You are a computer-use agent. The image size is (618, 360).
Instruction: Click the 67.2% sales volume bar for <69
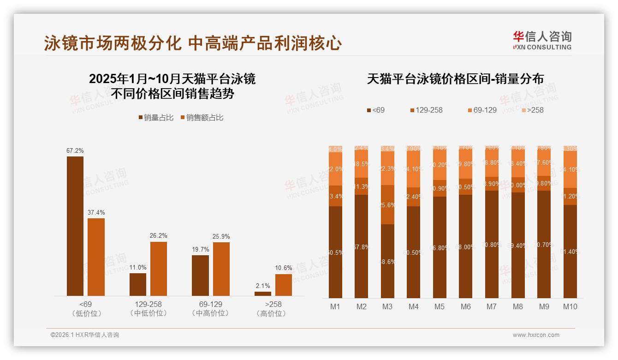click(75, 226)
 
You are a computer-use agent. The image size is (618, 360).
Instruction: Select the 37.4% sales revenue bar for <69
click(96, 257)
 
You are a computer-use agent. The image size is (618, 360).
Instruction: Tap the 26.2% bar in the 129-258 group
click(159, 269)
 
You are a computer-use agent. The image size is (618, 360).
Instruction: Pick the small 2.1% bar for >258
click(263, 294)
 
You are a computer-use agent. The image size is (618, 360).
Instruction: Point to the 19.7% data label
click(201, 250)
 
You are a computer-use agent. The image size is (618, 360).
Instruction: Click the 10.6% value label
click(284, 268)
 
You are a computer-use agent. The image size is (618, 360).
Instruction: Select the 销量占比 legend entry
click(156, 118)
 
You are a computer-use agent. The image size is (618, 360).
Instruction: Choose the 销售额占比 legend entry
click(202, 118)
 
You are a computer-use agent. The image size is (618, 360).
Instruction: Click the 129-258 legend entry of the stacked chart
click(426, 110)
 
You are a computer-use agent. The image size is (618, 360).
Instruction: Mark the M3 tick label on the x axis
click(387, 306)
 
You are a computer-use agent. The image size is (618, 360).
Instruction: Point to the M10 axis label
click(570, 306)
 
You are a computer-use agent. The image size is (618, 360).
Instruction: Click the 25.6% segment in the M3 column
click(387, 205)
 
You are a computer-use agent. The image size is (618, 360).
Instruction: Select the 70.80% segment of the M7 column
click(492, 245)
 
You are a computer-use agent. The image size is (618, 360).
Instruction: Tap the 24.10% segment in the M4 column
click(414, 169)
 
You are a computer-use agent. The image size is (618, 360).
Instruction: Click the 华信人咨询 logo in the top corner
click(542, 40)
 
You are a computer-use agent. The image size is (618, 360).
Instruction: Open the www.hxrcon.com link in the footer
click(536, 335)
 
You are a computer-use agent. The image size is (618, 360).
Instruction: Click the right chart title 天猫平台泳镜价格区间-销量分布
click(455, 79)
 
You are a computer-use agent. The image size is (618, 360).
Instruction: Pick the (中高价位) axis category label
click(211, 313)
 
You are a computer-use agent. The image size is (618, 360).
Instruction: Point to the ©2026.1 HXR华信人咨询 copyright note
click(85, 335)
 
